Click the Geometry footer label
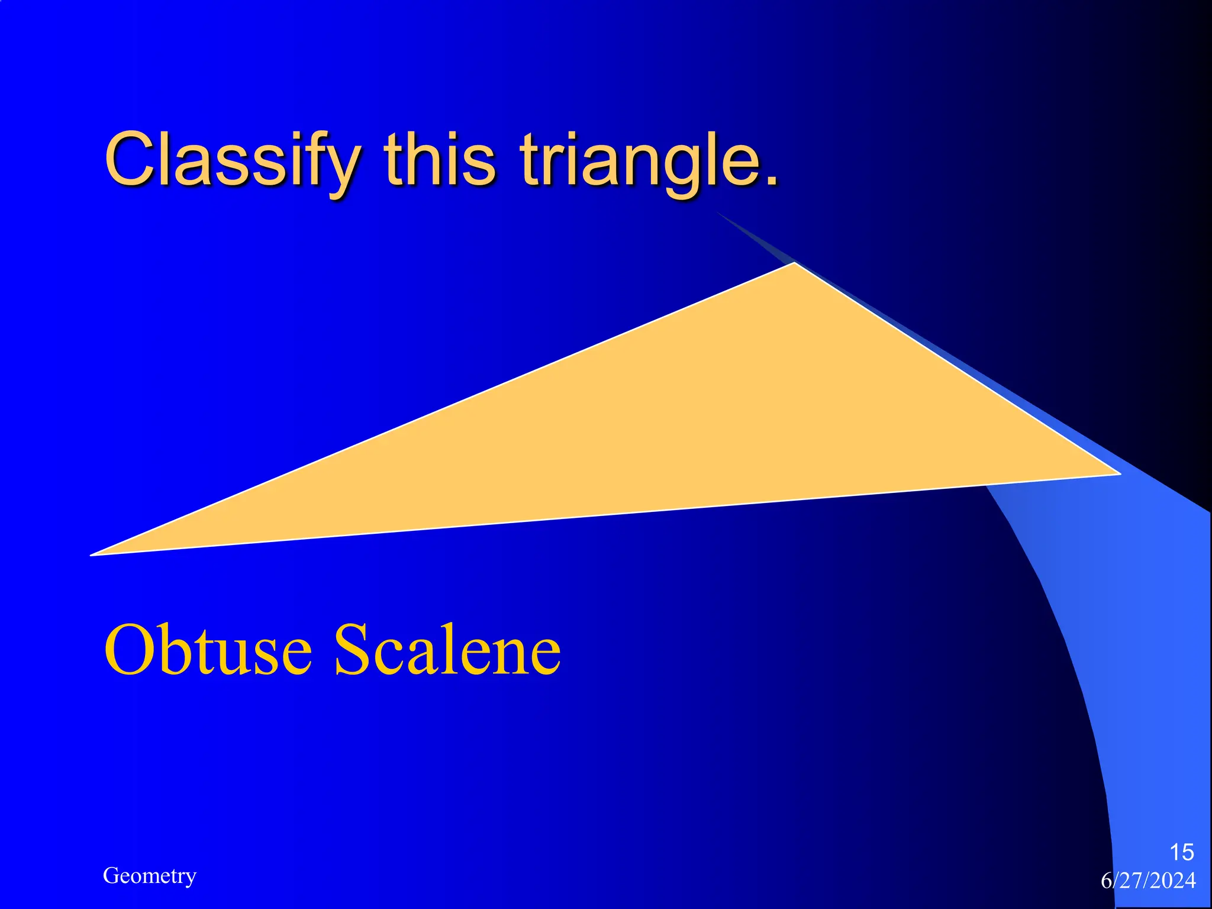(149, 876)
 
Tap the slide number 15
(1181, 853)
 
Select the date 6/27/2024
(1148, 881)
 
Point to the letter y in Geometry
(191, 878)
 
